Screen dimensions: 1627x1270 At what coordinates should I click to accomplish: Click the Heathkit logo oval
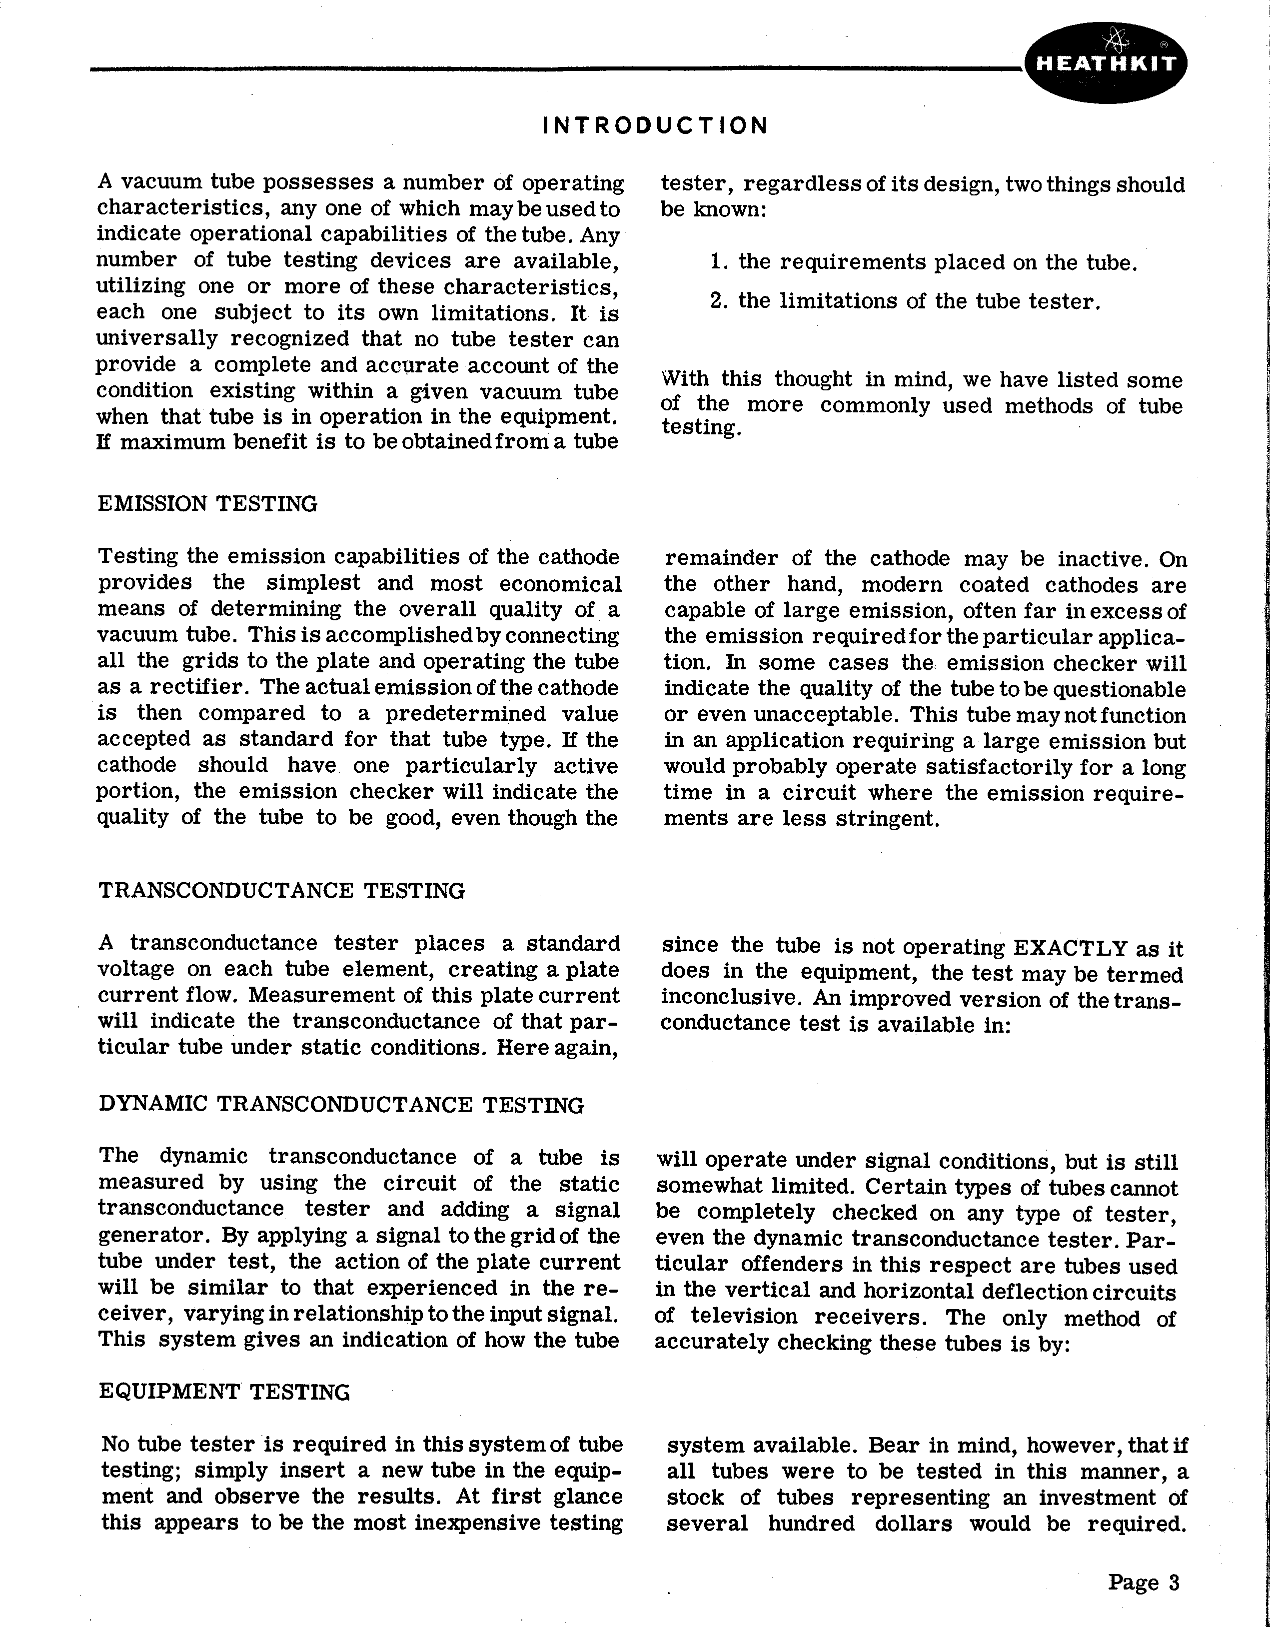1106,63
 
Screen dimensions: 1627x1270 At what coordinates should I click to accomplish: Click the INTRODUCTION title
655,125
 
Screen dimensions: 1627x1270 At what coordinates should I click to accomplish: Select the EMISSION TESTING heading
208,504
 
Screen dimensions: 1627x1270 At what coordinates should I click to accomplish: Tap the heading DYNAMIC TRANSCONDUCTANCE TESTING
341,1104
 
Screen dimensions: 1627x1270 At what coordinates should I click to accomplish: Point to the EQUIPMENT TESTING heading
224,1392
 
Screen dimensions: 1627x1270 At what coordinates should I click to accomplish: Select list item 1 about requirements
924,262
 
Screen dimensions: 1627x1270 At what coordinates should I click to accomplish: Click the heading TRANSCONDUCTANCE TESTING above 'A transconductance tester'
281,891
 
